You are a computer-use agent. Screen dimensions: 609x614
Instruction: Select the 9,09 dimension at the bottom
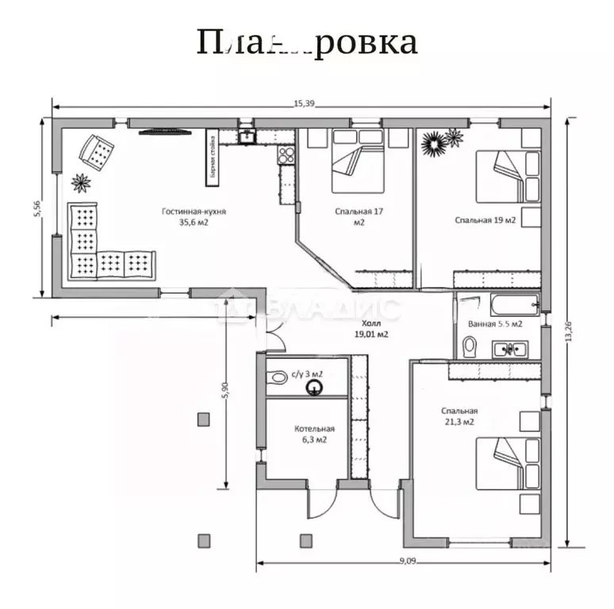click(x=406, y=561)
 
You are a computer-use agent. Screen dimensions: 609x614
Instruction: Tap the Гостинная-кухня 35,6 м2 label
click(x=194, y=217)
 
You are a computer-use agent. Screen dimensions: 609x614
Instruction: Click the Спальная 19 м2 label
click(x=485, y=220)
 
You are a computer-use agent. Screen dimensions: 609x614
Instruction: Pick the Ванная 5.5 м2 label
click(x=495, y=324)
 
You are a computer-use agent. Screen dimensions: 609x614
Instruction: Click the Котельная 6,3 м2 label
click(x=311, y=434)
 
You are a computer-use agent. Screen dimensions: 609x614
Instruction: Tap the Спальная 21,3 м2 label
click(x=459, y=415)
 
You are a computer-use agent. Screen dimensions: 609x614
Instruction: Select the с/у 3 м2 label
click(x=307, y=372)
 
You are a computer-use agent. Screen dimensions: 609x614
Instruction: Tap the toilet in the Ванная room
click(x=468, y=346)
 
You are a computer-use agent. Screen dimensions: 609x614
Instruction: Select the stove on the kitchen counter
click(x=286, y=155)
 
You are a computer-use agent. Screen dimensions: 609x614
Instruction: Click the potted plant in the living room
click(x=81, y=183)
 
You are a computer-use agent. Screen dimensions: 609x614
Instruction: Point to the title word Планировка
click(x=306, y=42)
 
